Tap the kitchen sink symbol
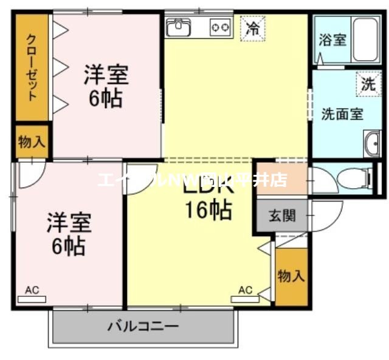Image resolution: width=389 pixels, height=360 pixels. pos(179,27)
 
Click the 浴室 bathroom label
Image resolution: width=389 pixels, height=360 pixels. pos(332,39)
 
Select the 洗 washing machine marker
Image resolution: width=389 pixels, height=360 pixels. pos(368,85)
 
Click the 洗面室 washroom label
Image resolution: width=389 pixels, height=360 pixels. pos(342,114)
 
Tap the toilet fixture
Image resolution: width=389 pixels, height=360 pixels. pos(353,178)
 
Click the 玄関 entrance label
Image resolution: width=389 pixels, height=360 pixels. pos(283,216)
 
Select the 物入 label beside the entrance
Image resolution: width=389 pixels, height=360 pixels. pos(291,276)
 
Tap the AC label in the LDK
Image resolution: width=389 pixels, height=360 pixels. pos(245,290)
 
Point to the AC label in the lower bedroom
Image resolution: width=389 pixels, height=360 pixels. pos(32,290)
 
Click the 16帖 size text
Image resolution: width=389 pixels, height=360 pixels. pos(208,210)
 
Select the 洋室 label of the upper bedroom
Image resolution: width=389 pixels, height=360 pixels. pos(105,75)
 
